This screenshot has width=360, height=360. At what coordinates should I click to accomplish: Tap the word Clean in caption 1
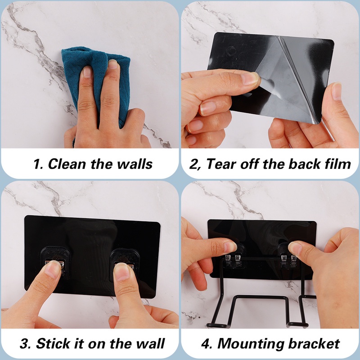[x=67, y=164]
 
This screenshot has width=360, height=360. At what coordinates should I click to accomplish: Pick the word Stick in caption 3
[x=53, y=343]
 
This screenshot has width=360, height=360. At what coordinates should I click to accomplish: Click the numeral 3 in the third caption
[x=24, y=344]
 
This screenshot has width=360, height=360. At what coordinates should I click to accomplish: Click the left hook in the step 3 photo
[x=55, y=261]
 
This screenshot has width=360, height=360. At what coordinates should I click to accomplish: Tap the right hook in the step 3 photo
[x=124, y=264]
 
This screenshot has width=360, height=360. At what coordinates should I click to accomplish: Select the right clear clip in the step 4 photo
[x=288, y=257]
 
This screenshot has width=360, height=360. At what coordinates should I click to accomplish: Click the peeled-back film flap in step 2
[x=287, y=81]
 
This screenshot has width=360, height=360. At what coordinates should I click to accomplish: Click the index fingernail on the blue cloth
[x=87, y=72]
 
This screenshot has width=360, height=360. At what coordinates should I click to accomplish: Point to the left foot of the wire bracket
[x=216, y=325]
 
